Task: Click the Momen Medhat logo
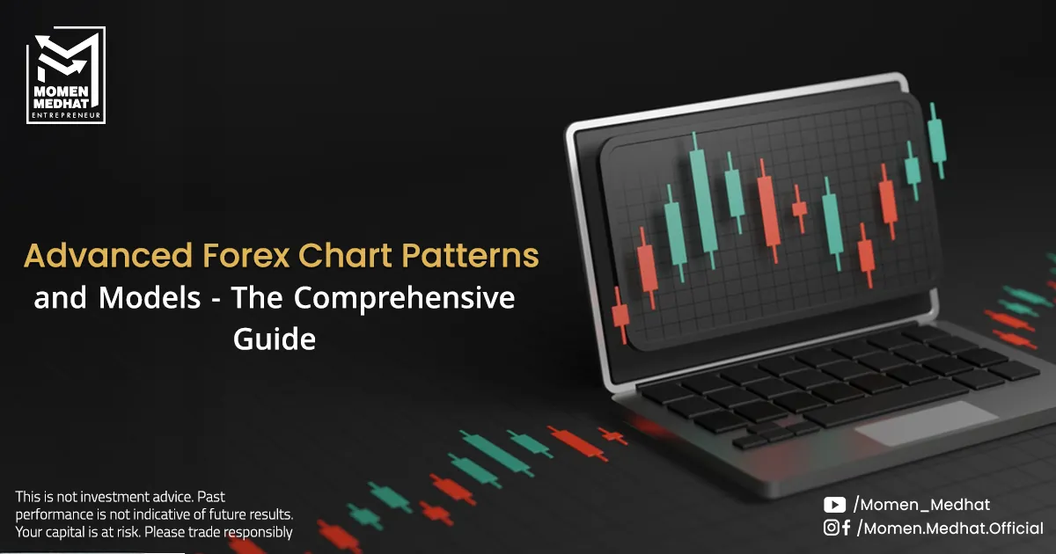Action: click(66, 75)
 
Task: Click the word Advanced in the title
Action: click(108, 255)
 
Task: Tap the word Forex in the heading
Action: click(246, 255)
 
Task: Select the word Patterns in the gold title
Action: click(470, 255)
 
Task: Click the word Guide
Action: click(275, 339)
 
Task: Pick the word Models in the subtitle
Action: click(150, 298)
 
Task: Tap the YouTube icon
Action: click(834, 505)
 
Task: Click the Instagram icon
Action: click(831, 528)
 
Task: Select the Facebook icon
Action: click(846, 528)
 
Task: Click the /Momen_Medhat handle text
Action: click(922, 505)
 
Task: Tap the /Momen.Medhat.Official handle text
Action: click(950, 528)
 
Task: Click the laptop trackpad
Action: click(927, 423)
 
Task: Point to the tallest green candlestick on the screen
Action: click(703, 200)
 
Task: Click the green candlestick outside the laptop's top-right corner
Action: click(937, 141)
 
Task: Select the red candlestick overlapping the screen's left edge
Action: click(620, 315)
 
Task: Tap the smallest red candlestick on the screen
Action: click(800, 208)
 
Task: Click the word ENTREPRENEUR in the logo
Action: click(66, 115)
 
